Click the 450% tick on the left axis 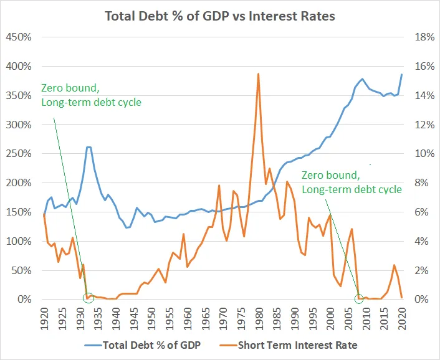[19, 37]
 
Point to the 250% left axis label [19, 154]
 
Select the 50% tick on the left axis [21, 270]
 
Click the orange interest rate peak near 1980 [258, 74]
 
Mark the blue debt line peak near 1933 [88, 147]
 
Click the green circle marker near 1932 [88, 297]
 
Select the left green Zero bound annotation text [91, 95]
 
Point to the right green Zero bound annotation [352, 182]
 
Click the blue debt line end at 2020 [401, 74]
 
